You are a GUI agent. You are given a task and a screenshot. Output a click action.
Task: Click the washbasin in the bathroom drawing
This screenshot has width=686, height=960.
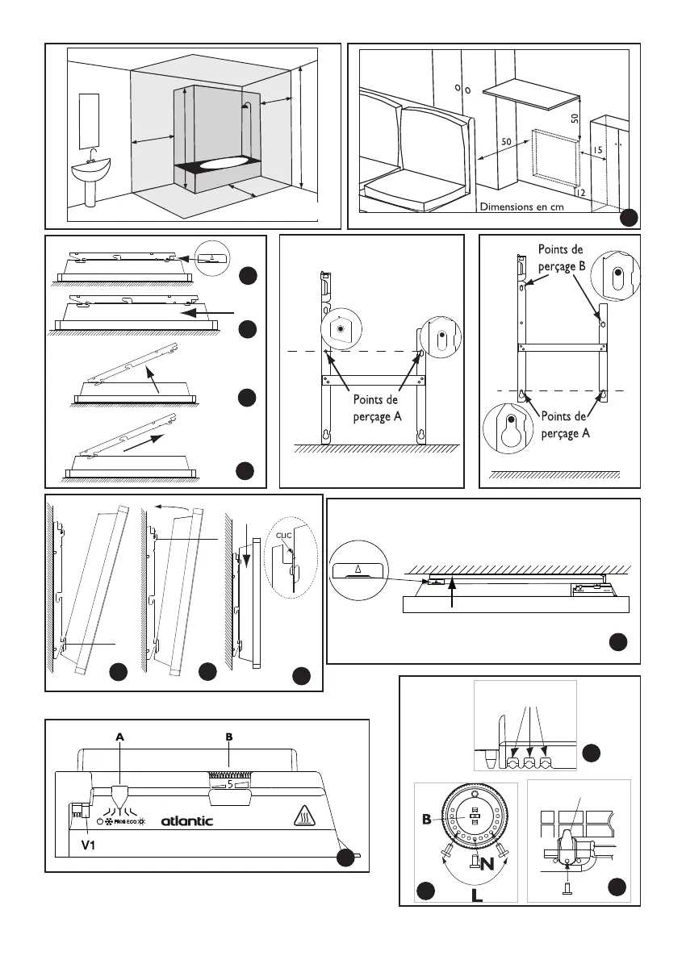click(90, 171)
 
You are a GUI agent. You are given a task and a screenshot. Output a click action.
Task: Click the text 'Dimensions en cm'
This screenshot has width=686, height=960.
click(521, 207)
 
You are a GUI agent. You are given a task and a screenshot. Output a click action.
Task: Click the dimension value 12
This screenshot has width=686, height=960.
click(579, 192)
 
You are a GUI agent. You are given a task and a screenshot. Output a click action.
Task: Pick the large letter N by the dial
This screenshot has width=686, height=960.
click(485, 865)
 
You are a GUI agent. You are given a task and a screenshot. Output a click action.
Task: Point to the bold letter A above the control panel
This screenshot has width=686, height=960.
click(119, 736)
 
